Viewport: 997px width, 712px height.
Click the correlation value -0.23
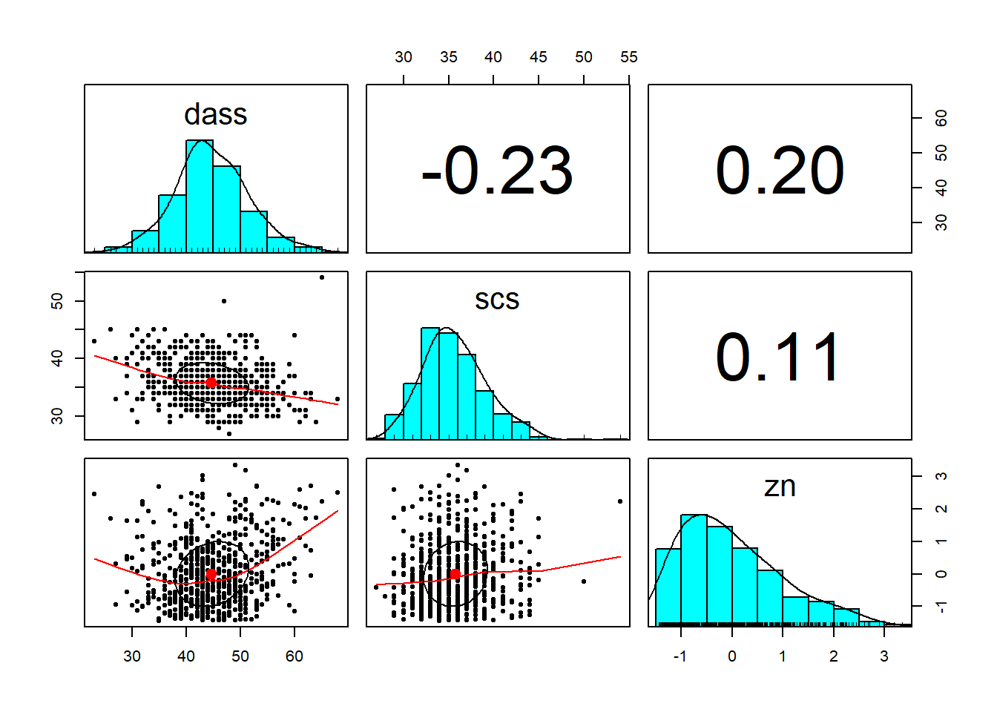click(497, 171)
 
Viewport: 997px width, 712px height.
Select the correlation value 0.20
click(780, 171)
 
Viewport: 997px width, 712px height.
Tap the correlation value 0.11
click(778, 358)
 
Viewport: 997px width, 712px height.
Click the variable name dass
click(215, 115)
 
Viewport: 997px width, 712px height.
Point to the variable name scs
click(497, 300)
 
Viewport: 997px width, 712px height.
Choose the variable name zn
click(780, 487)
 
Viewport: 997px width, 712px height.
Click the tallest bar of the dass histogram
click(200, 197)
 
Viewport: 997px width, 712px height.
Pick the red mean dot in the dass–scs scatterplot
click(211, 383)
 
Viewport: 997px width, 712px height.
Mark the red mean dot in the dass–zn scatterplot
click(211, 574)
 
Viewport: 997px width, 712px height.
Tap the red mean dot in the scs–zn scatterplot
click(455, 574)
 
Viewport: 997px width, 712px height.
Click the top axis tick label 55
click(628, 57)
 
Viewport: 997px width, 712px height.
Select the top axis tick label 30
click(404, 57)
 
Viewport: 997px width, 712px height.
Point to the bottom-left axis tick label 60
click(295, 656)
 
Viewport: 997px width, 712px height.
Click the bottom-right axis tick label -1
click(680, 656)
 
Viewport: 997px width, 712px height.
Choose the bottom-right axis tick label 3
click(884, 656)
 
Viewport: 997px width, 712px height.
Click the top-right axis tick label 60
click(941, 118)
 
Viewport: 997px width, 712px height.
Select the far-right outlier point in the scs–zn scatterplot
click(620, 501)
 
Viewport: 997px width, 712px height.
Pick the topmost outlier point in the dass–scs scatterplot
click(321, 277)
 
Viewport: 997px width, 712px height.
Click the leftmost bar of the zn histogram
click(668, 586)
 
